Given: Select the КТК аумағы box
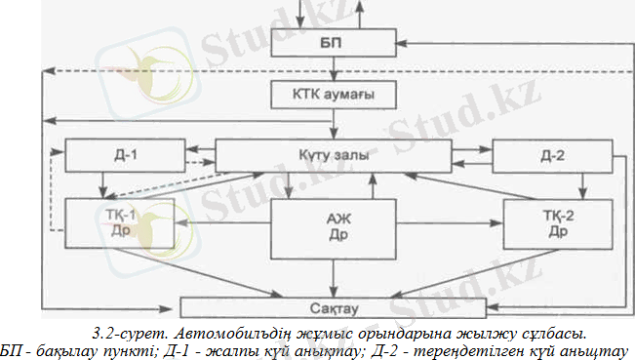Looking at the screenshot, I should point(335,96).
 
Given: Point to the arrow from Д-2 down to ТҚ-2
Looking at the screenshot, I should point(582,182).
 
